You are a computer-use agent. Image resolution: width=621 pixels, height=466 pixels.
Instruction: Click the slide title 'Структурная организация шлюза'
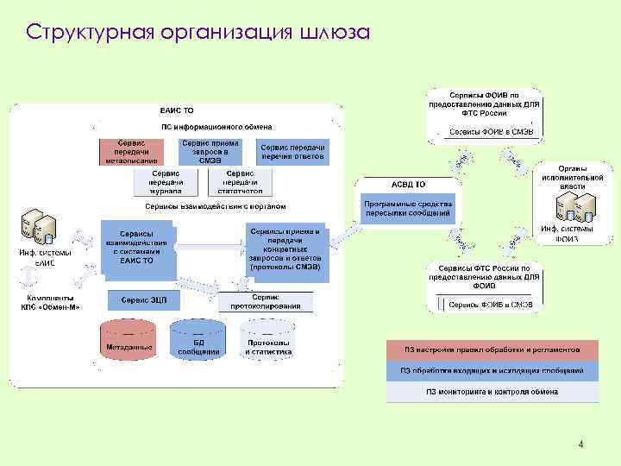(x=198, y=33)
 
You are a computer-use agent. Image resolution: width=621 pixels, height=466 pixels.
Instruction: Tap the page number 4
(x=581, y=445)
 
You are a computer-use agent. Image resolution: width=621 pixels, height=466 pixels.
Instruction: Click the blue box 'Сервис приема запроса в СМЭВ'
(x=210, y=150)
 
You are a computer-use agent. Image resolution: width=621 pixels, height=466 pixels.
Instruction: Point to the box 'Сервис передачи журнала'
(x=166, y=181)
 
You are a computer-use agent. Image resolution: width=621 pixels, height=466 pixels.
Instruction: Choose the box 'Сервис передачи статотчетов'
(x=239, y=181)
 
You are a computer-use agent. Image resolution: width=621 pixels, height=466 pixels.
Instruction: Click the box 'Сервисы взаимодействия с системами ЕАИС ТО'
(x=137, y=247)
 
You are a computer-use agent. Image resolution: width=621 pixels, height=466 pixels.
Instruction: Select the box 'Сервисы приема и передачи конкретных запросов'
(x=285, y=249)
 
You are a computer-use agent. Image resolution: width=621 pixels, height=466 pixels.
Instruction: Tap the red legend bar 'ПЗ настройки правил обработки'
(x=492, y=349)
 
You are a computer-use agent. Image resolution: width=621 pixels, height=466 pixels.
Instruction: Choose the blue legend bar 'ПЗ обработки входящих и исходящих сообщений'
(x=492, y=370)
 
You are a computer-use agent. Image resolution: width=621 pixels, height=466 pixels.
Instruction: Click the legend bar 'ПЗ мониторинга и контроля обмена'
(x=492, y=392)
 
